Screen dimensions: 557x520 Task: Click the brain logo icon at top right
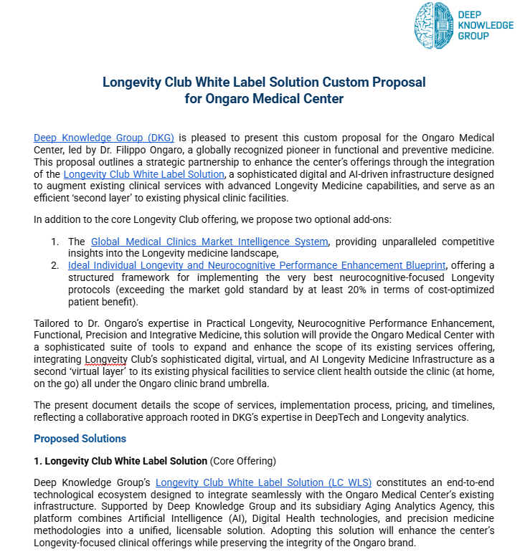click(x=434, y=26)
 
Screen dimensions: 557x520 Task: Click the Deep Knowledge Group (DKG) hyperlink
click(x=104, y=137)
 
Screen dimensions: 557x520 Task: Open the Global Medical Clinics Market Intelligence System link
click(x=209, y=242)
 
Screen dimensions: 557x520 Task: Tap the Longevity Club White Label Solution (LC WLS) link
click(x=263, y=482)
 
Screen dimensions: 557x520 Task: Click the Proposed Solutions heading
click(x=80, y=438)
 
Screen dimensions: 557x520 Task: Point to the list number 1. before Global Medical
click(x=55, y=242)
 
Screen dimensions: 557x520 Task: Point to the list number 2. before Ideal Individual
click(x=55, y=265)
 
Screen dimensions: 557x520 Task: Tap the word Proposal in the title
click(x=393, y=82)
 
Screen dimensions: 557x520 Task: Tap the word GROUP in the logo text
click(x=473, y=36)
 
